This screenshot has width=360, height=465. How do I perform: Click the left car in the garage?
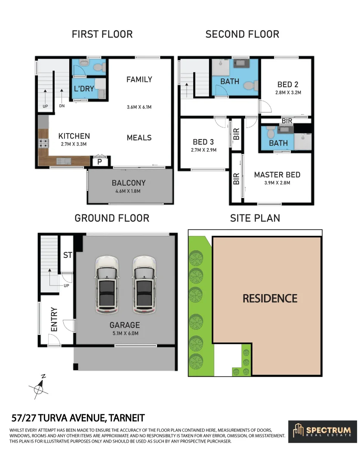point(107,285)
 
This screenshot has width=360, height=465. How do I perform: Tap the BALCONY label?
point(129,183)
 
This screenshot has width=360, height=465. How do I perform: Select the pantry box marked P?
point(100,162)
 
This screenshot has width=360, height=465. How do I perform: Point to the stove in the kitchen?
point(43,144)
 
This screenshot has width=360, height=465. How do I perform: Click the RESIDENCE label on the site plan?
point(270,298)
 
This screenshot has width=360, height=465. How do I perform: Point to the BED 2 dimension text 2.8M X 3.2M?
point(288,93)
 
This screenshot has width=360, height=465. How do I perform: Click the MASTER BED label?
point(277,175)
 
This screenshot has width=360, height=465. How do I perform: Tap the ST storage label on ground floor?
point(68,255)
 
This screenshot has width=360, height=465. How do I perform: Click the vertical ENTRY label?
point(54,319)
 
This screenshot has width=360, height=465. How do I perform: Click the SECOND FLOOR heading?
point(242,34)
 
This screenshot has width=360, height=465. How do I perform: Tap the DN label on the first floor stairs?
point(62,106)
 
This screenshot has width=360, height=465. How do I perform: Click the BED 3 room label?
point(203,142)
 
